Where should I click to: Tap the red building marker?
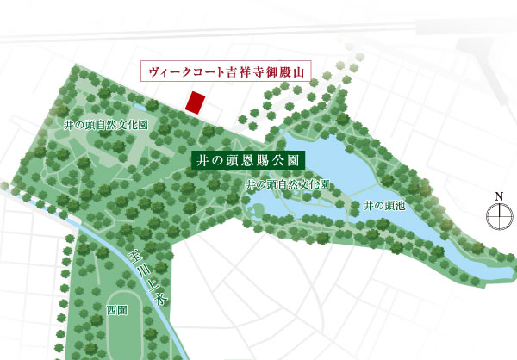[196, 100]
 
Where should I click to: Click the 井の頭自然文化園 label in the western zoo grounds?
[106, 124]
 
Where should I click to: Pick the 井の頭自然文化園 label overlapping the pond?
[287, 184]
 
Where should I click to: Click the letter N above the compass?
[498, 197]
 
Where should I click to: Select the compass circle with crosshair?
[498, 218]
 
